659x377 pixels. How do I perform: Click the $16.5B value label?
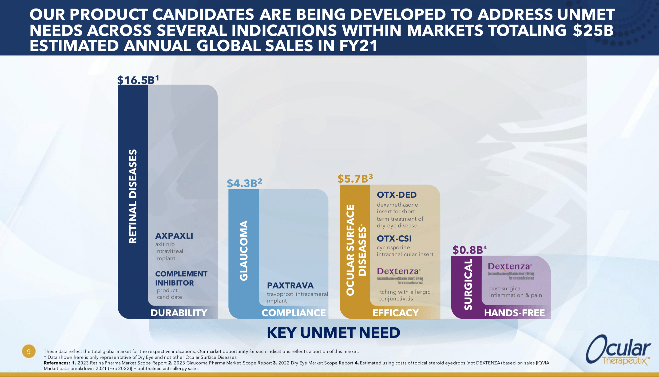138,80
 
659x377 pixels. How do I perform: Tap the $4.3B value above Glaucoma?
244,183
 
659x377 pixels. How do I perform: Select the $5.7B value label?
355,179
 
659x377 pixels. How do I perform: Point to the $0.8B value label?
469,250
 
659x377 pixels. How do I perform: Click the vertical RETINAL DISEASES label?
133,196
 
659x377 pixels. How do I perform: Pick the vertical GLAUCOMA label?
244,250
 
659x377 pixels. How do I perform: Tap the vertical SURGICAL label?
468,284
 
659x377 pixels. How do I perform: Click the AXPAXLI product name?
174,236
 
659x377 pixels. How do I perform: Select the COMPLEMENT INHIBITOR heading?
181,278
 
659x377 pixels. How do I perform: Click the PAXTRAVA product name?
290,286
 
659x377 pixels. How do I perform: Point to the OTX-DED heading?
396,195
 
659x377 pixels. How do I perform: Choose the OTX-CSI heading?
394,239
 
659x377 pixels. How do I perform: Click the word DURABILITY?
179,313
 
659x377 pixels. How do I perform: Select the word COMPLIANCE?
293,313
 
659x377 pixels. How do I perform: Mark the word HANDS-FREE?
514,313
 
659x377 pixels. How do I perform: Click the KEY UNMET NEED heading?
334,333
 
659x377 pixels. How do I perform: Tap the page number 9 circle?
29,351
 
